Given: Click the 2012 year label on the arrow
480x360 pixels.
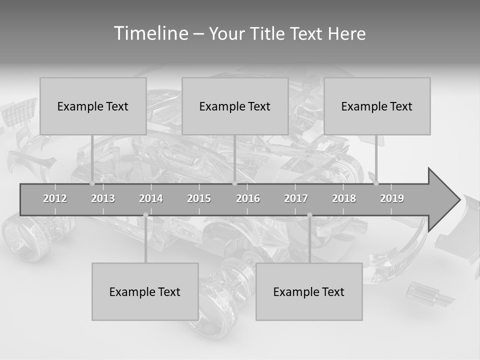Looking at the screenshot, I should pos(55,198).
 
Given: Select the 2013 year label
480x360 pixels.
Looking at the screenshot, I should pos(103,198).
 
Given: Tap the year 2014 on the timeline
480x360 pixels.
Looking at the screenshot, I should pos(151,198).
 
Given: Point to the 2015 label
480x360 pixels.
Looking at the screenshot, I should pos(199,198).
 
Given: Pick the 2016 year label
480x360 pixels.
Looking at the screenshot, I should pos(248,198).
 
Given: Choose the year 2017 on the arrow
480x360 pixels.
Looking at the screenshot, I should pos(296,198).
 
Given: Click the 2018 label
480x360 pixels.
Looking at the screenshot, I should pos(344,198).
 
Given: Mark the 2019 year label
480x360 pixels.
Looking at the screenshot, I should pos(392,198).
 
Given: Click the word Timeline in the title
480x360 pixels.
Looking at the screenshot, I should pos(150,33).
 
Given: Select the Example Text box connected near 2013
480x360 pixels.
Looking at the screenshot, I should pos(93,106).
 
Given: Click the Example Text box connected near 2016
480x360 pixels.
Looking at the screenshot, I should pos(235,106).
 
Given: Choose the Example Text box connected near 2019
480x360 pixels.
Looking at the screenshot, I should pos(377,106).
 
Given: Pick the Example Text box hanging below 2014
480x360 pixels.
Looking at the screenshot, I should pos(145,291).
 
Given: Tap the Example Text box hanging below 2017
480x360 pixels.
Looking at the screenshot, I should pos(309,291).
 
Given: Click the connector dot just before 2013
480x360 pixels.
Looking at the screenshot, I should pos(92,183).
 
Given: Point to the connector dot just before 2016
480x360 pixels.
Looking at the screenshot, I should pos(234,183).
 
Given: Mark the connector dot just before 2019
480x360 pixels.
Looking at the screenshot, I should pos(376,183).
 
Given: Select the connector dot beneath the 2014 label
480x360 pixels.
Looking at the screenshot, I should pos(145,215).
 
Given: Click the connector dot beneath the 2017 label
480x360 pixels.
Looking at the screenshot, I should pos(309,215).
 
